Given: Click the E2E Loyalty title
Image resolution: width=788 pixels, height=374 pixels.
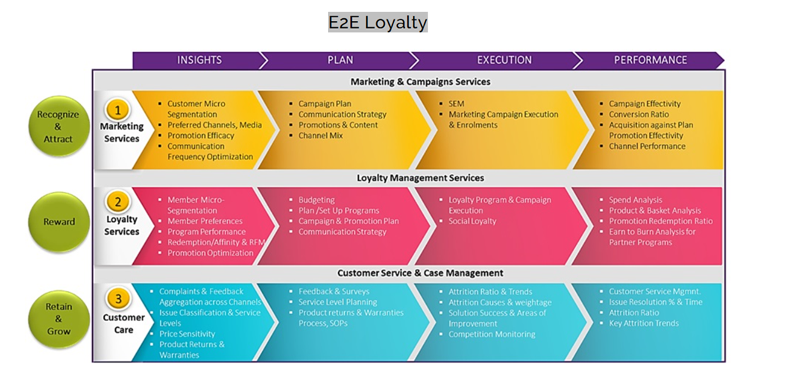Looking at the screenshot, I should tap(377, 22).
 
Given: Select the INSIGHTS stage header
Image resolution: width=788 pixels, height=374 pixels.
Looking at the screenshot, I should tap(199, 61).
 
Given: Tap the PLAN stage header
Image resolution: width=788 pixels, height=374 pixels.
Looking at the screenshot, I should tap(340, 61).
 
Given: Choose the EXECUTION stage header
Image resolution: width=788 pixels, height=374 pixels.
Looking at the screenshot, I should tap(504, 61).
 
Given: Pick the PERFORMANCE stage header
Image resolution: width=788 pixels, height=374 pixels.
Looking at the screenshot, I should tap(650, 61).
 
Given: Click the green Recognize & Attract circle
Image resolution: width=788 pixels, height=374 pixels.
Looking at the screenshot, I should tap(59, 127).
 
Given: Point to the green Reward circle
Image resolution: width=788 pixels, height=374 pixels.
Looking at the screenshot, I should tap(59, 222).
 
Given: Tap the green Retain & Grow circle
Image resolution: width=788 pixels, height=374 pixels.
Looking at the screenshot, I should tap(59, 318).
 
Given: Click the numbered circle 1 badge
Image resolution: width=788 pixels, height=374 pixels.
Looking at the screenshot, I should tap(117, 110).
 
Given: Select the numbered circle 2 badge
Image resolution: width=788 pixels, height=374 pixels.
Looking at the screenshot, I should tap(117, 202).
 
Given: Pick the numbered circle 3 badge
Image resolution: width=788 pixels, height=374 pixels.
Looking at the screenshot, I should tap(117, 298).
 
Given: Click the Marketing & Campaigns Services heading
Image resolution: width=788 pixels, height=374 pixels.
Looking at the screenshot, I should tap(420, 81).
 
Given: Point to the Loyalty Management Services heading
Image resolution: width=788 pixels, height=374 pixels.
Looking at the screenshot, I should tap(420, 178).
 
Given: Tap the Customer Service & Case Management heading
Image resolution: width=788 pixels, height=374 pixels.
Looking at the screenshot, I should tap(420, 273).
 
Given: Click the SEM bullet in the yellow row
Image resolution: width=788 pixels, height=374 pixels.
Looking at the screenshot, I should tap(456, 104).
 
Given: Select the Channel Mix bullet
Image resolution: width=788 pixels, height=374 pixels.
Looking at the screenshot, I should tap(320, 136).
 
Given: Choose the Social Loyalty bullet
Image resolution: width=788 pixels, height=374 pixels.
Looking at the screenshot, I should tap(472, 221).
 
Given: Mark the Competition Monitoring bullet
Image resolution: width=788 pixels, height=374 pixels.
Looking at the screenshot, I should tap(492, 334).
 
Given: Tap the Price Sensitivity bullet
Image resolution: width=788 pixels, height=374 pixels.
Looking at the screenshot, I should tap(187, 334).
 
